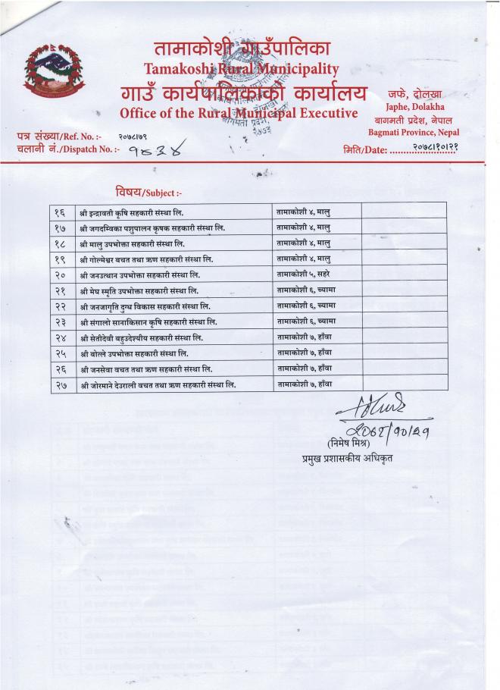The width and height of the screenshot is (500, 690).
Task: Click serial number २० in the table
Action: click(61, 274)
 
